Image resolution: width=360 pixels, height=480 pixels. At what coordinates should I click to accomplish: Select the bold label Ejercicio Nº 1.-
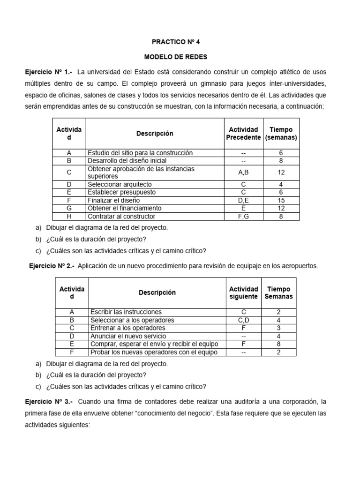[49, 72]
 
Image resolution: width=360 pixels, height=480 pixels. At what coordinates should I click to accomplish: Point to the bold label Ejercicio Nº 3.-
[49, 402]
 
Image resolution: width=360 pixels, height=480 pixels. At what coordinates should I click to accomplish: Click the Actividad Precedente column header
[243, 134]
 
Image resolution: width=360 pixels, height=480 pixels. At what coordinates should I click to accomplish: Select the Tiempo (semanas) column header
[281, 134]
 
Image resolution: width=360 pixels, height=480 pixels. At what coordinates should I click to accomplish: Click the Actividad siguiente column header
[243, 293]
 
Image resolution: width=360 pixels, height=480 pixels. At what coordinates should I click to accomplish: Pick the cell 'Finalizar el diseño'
[113, 200]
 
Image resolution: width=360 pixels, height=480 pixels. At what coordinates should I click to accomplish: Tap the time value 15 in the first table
[281, 200]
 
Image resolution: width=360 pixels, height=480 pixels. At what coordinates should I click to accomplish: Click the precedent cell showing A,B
[243, 172]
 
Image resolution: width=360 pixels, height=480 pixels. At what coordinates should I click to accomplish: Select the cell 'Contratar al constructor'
[121, 216]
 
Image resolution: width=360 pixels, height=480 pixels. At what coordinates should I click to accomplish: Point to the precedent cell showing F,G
[243, 216]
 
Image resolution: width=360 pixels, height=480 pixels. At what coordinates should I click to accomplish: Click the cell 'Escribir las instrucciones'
[126, 312]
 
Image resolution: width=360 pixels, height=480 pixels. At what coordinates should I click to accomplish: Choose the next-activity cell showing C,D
[243, 320]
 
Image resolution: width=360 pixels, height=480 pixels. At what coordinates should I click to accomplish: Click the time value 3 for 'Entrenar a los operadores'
[278, 328]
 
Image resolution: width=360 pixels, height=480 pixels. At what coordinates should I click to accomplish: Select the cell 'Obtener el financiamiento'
[124, 208]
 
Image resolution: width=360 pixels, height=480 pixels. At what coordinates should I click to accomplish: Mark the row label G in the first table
[69, 208]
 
